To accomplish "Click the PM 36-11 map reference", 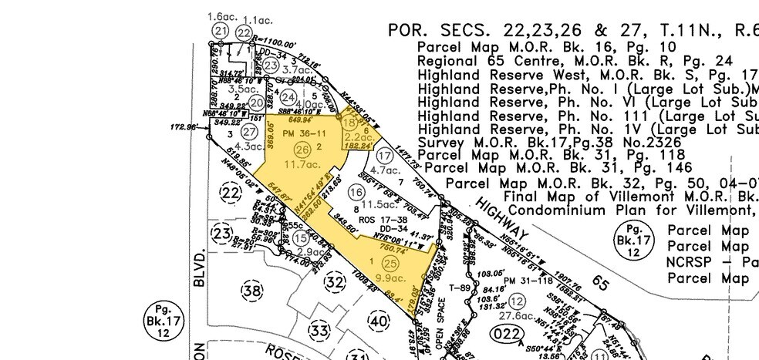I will [298, 133].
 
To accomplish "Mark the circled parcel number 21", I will [222, 31].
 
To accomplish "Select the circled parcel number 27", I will [226, 133].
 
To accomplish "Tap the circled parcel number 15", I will [301, 240].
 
